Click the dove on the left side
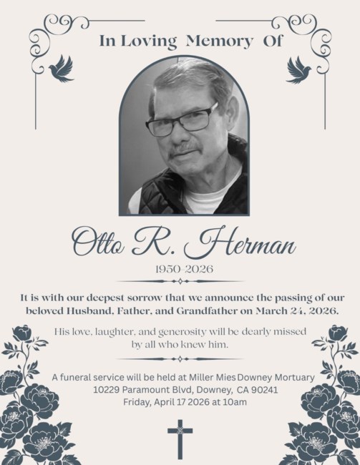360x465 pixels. [x=62, y=69]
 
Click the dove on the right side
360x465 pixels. [x=298, y=69]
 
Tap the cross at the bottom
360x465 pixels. [x=180, y=439]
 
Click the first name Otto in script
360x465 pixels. [x=97, y=243]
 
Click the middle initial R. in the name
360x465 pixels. [x=157, y=243]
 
